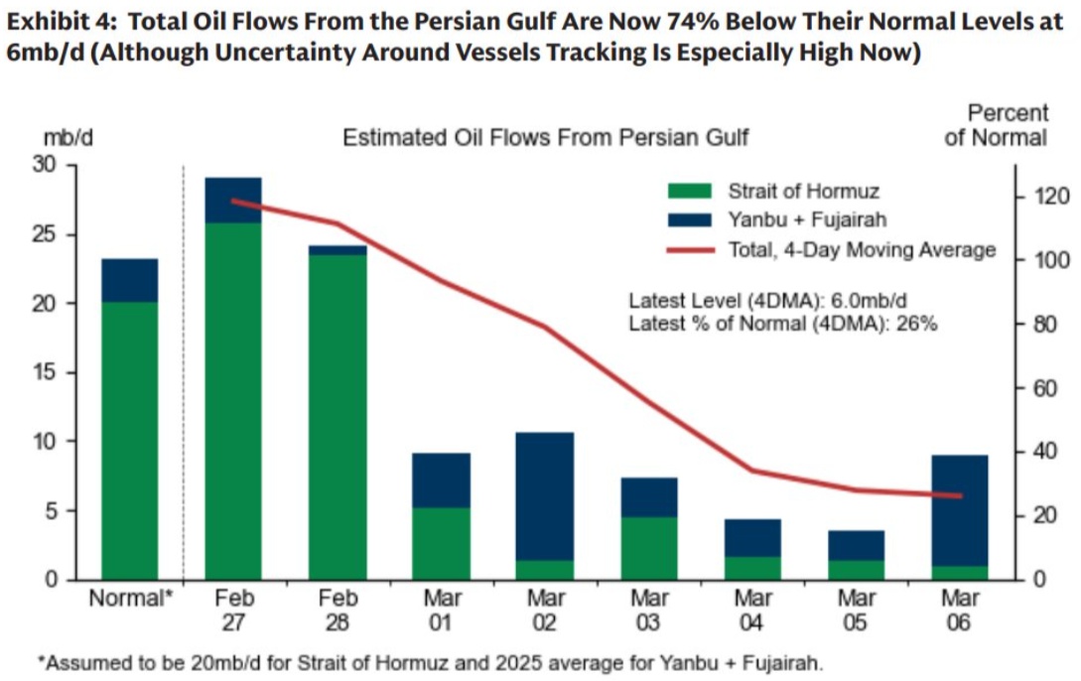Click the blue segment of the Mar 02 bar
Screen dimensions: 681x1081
(x=546, y=496)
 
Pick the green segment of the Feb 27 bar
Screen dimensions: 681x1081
(x=233, y=397)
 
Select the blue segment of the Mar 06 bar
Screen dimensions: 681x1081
(x=961, y=510)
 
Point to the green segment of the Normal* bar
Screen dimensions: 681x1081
(x=129, y=437)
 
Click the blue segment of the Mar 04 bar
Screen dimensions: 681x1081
(x=752, y=538)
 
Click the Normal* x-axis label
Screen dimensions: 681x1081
(x=129, y=600)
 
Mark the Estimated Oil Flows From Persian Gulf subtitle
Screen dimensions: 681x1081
(x=546, y=137)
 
